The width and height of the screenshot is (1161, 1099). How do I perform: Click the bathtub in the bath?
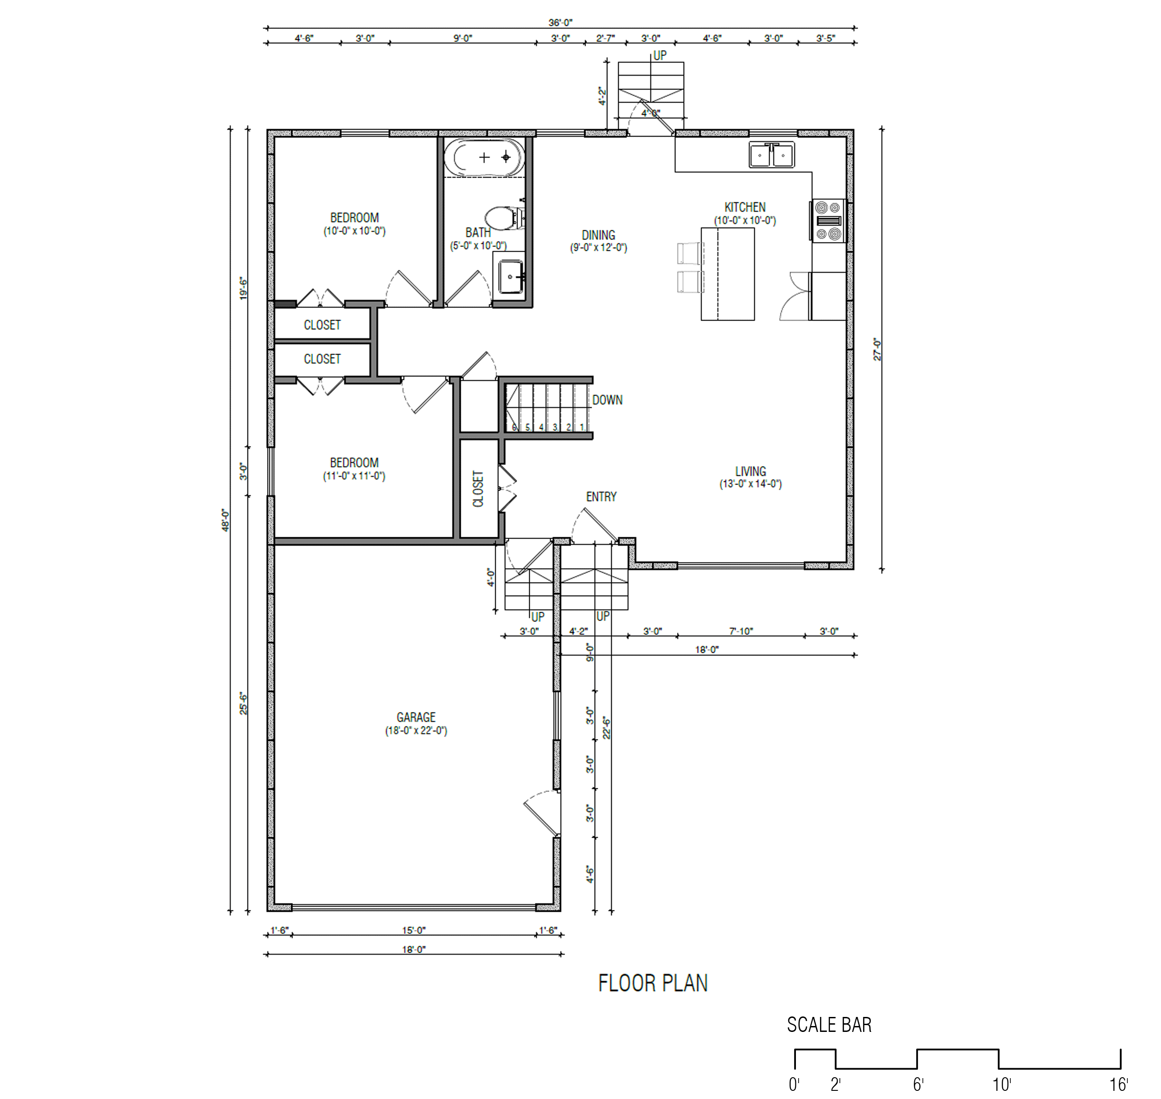483,158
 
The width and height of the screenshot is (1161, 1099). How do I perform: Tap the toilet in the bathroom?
504,217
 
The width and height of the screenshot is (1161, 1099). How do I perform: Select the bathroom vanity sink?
511,277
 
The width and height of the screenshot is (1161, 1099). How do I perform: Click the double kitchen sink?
771,155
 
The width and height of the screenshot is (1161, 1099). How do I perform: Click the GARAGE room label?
416,717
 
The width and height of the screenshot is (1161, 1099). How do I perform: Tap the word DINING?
598,235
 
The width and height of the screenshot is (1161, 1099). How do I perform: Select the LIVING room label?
751,471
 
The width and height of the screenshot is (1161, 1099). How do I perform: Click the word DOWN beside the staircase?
607,400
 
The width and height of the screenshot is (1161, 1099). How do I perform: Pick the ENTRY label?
601,497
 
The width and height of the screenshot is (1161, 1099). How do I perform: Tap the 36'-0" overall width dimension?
560,23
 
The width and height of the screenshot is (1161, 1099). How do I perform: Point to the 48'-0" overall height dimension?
226,520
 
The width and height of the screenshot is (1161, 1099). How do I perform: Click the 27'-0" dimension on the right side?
878,349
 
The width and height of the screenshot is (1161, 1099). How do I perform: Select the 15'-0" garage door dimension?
414,930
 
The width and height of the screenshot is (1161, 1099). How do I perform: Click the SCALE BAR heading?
829,1025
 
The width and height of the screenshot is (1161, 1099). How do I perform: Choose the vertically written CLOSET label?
478,489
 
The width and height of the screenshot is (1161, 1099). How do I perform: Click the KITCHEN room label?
745,207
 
